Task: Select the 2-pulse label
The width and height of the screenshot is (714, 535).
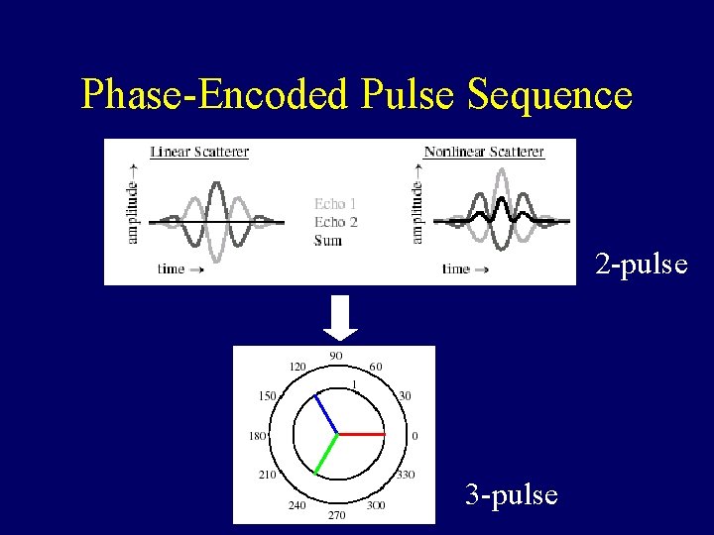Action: (641, 265)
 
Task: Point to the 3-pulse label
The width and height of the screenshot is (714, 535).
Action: (512, 493)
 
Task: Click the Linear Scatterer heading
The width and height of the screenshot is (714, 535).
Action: (199, 152)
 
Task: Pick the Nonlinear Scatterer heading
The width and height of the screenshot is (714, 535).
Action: (483, 152)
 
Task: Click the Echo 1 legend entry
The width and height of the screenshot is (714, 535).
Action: (335, 204)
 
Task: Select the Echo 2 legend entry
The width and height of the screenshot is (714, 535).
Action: (335, 222)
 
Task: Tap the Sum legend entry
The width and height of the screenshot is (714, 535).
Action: (327, 240)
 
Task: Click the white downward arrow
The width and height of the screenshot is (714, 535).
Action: (341, 317)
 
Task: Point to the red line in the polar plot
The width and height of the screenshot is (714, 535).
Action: (361, 434)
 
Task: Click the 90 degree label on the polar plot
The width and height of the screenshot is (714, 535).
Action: (335, 357)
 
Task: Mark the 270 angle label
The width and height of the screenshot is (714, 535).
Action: (336, 514)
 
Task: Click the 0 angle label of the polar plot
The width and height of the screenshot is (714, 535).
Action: (415, 435)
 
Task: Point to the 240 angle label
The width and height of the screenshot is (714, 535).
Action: (296, 504)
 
